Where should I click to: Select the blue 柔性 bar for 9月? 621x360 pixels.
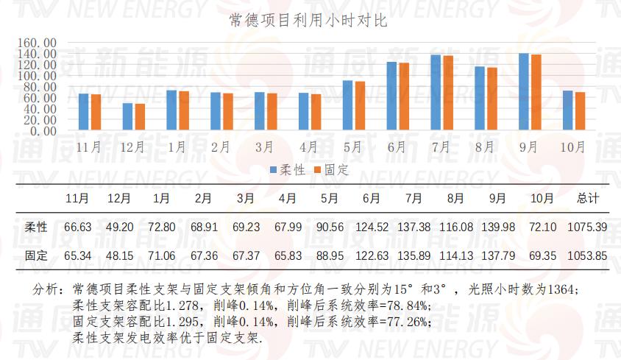(x=524, y=91)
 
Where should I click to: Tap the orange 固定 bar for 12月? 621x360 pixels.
(x=140, y=117)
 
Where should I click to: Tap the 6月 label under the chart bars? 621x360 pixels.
(x=397, y=147)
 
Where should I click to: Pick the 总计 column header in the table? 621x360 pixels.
(x=588, y=199)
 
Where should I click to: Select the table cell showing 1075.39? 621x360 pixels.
(x=588, y=227)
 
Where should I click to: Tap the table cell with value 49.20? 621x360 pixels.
(x=120, y=227)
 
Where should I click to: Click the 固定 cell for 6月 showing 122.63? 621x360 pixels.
(x=372, y=256)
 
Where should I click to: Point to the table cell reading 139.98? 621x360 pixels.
(x=497, y=227)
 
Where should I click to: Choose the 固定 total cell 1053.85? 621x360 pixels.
(x=588, y=256)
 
